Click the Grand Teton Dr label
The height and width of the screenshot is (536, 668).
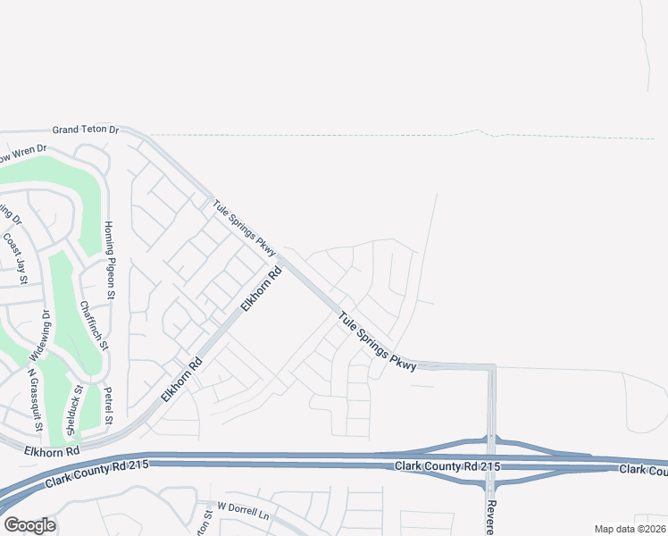click(85, 130)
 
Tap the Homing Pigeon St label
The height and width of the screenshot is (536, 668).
click(109, 259)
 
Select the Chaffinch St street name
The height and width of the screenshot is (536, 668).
click(93, 325)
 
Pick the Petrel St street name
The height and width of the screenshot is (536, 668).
click(108, 406)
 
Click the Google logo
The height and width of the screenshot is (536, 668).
click(29, 525)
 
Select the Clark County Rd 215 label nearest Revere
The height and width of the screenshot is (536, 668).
click(447, 467)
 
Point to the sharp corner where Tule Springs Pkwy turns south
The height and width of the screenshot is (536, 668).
click(491, 366)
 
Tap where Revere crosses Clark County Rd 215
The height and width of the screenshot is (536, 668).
click(490, 463)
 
